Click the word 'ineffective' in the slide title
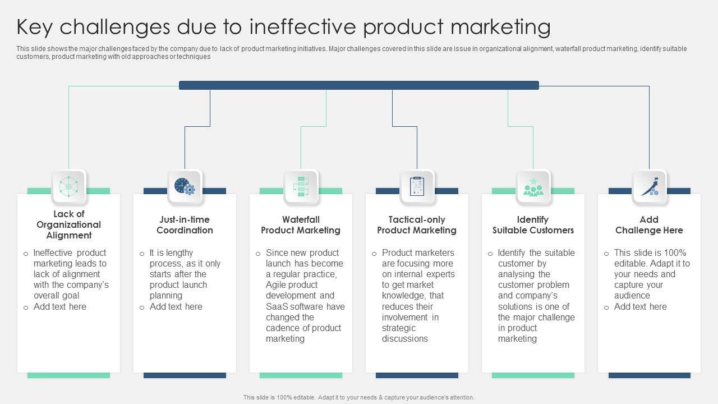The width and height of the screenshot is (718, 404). pyautogui.click(x=298, y=26)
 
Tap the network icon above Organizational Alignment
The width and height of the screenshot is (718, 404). pyautogui.click(x=69, y=186)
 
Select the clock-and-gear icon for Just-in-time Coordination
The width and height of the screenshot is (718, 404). pyautogui.click(x=185, y=186)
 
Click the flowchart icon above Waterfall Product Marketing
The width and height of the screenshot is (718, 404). pyautogui.click(x=301, y=186)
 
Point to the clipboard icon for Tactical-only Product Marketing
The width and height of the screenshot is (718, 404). pyautogui.click(x=417, y=186)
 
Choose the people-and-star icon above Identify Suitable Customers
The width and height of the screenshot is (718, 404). pyautogui.click(x=533, y=186)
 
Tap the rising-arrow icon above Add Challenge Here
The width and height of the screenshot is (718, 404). pyautogui.click(x=649, y=186)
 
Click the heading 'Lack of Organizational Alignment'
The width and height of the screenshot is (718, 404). pyautogui.click(x=69, y=224)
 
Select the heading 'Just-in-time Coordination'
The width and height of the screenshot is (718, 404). pyautogui.click(x=185, y=225)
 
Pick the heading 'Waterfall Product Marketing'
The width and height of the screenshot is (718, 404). pyautogui.click(x=301, y=225)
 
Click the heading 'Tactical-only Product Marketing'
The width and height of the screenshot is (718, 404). pyautogui.click(x=417, y=225)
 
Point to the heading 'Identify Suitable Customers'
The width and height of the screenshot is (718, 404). pyautogui.click(x=533, y=225)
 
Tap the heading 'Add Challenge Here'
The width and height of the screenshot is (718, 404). pyautogui.click(x=649, y=225)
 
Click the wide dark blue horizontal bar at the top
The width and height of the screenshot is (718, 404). pyautogui.click(x=359, y=85)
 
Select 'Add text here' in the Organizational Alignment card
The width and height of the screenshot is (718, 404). pyautogui.click(x=60, y=306)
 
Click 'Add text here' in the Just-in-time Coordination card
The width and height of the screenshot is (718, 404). pyautogui.click(x=176, y=306)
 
